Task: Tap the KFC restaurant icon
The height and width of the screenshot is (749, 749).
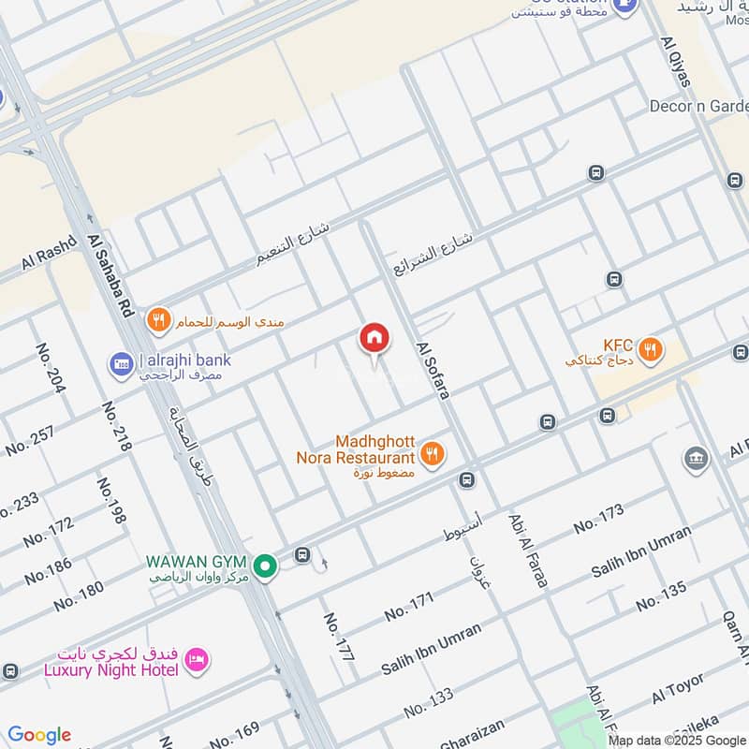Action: [653, 351]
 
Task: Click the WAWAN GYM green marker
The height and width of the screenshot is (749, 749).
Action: [267, 566]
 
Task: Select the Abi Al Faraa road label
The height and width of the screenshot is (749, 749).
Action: [527, 550]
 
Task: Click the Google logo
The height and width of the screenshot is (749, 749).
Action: [39, 735]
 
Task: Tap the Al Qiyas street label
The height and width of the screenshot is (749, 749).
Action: [675, 62]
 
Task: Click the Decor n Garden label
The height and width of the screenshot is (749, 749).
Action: [698, 106]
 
